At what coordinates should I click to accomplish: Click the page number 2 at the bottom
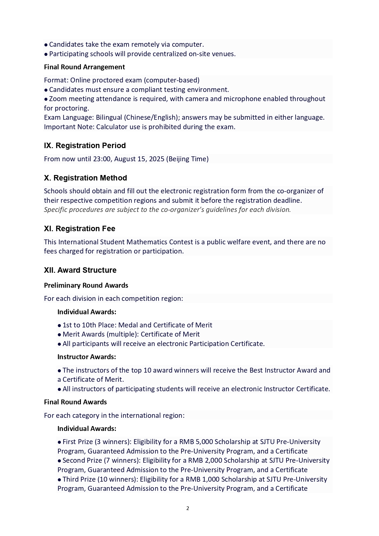[x=188, y=508]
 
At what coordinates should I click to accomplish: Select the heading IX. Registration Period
[x=85, y=145]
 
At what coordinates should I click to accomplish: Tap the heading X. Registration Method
[x=85, y=178]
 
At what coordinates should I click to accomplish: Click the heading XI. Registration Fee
[x=79, y=228]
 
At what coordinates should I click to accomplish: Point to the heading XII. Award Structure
[x=80, y=270]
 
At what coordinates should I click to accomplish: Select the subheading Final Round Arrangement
[x=84, y=67]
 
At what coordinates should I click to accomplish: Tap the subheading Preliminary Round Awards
[x=86, y=285]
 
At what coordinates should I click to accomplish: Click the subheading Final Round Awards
[x=75, y=402]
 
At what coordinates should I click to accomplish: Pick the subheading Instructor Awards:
[x=86, y=357]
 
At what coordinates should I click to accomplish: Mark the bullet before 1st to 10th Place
[x=59, y=325]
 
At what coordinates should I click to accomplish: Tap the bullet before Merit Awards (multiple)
[x=59, y=335]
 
